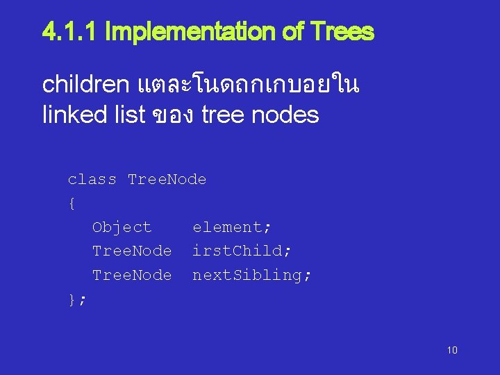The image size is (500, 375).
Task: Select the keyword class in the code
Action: (x=92, y=180)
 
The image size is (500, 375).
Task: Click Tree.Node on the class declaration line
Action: (x=167, y=180)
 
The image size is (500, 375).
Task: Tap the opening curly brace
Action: (x=72, y=203)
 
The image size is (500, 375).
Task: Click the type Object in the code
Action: (x=122, y=227)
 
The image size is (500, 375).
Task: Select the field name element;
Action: (x=232, y=227)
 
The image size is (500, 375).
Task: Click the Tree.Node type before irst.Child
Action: (x=132, y=251)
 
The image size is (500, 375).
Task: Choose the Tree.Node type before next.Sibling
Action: (x=132, y=275)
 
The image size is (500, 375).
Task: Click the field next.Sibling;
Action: (x=252, y=275)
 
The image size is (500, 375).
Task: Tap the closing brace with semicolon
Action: (x=76, y=299)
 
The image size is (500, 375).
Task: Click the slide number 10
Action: (x=452, y=350)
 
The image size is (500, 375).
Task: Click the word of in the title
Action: (x=289, y=32)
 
